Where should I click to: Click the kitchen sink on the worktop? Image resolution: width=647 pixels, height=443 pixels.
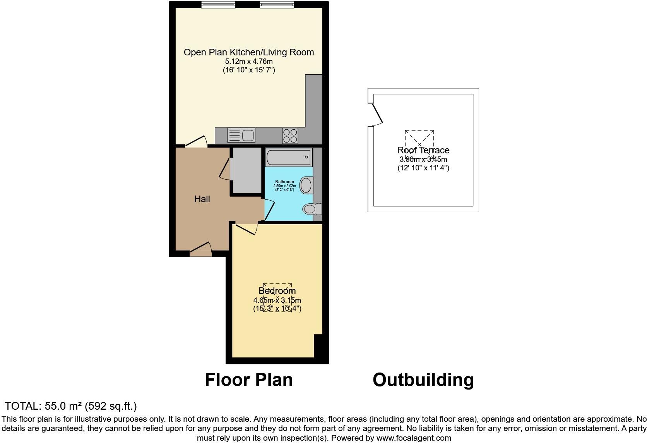pyautogui.click(x=241, y=136)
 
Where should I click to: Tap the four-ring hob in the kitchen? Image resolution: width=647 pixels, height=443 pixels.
pyautogui.click(x=290, y=136)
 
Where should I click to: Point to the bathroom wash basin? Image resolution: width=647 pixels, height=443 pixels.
pyautogui.click(x=306, y=185)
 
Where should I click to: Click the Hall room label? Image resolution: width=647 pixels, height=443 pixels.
pyautogui.click(x=202, y=199)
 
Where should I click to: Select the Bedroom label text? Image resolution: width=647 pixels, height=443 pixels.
pyautogui.click(x=277, y=291)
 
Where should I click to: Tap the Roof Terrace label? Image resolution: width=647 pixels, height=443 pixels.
pyautogui.click(x=423, y=150)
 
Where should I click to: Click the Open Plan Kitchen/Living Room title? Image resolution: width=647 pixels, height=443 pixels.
pyautogui.click(x=249, y=52)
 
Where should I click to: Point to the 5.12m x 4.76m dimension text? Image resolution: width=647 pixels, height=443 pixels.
pyautogui.click(x=249, y=62)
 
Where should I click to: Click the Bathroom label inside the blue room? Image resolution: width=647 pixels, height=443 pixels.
pyautogui.click(x=284, y=182)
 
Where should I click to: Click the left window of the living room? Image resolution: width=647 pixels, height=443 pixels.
pyautogui.click(x=218, y=5)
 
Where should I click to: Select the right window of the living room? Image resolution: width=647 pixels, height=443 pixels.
pyautogui.click(x=277, y=5)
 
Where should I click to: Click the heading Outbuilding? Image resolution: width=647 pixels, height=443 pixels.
pyautogui.click(x=423, y=380)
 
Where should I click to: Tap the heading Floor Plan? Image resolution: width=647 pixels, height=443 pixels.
pyautogui.click(x=249, y=380)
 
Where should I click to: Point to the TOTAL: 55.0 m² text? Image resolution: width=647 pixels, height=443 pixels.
pyautogui.click(x=71, y=406)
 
